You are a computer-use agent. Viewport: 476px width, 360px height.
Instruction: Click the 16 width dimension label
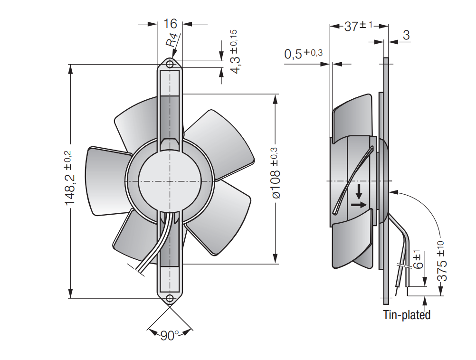pos(170,24)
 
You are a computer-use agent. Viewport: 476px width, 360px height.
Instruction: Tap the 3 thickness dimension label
pos(406,35)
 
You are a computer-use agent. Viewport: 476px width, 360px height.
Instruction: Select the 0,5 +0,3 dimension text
pos(303,54)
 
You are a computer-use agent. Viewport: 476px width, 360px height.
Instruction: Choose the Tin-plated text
pos(407,314)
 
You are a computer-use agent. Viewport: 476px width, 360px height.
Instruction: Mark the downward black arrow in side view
pos(359,191)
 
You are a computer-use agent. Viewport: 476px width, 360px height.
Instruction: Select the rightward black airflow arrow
pos(359,205)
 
